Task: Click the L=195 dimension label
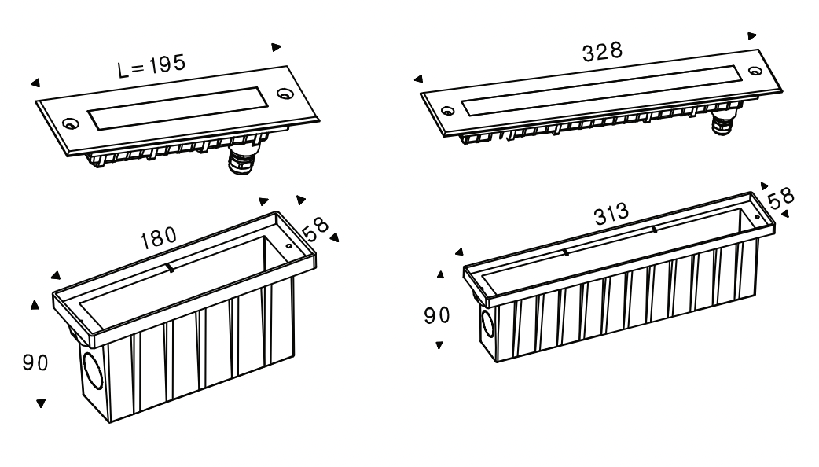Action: pos(152,66)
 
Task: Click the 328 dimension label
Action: pos(602,52)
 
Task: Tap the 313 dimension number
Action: pos(611,214)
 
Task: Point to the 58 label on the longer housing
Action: pos(780,198)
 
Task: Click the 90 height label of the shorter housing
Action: pos(35,362)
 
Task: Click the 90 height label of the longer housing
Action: pos(437,315)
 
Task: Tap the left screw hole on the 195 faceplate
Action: pos(69,123)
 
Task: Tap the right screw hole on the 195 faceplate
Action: pos(285,94)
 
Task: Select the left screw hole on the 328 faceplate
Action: pos(448,111)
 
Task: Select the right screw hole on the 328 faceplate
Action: pos(755,71)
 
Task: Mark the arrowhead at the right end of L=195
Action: pos(277,47)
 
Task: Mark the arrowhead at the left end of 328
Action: pos(418,79)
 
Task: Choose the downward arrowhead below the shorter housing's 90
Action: pos(41,403)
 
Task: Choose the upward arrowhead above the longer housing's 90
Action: pos(440,274)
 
